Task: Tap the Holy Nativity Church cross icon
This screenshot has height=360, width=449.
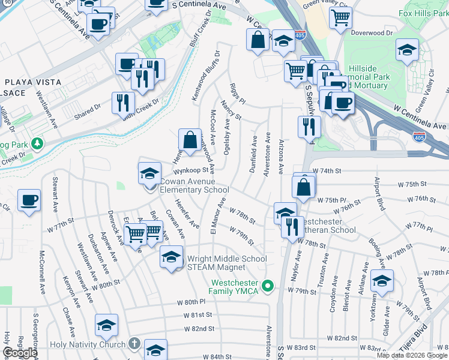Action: point(134,344)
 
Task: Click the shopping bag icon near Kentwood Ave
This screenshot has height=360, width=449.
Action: point(190,140)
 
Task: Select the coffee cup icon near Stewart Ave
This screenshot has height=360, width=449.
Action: point(29,200)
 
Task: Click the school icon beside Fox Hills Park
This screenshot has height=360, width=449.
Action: point(407,50)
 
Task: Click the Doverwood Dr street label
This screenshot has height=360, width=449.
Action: point(371,33)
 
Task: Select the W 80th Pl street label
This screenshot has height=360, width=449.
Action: point(191,302)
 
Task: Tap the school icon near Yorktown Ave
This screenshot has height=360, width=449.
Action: point(382,280)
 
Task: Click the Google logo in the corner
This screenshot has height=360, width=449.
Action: point(20,353)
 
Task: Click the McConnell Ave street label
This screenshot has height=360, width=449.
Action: point(42,271)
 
